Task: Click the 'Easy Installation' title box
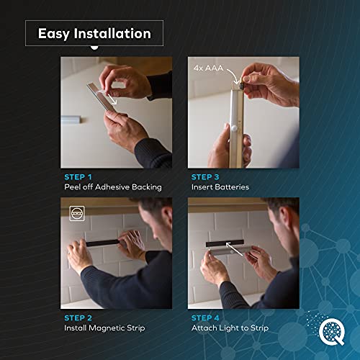click(94, 34)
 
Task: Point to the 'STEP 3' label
click(205, 176)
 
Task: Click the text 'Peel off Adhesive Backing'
click(111, 187)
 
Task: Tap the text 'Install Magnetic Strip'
click(103, 328)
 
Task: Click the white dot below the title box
click(94, 48)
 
